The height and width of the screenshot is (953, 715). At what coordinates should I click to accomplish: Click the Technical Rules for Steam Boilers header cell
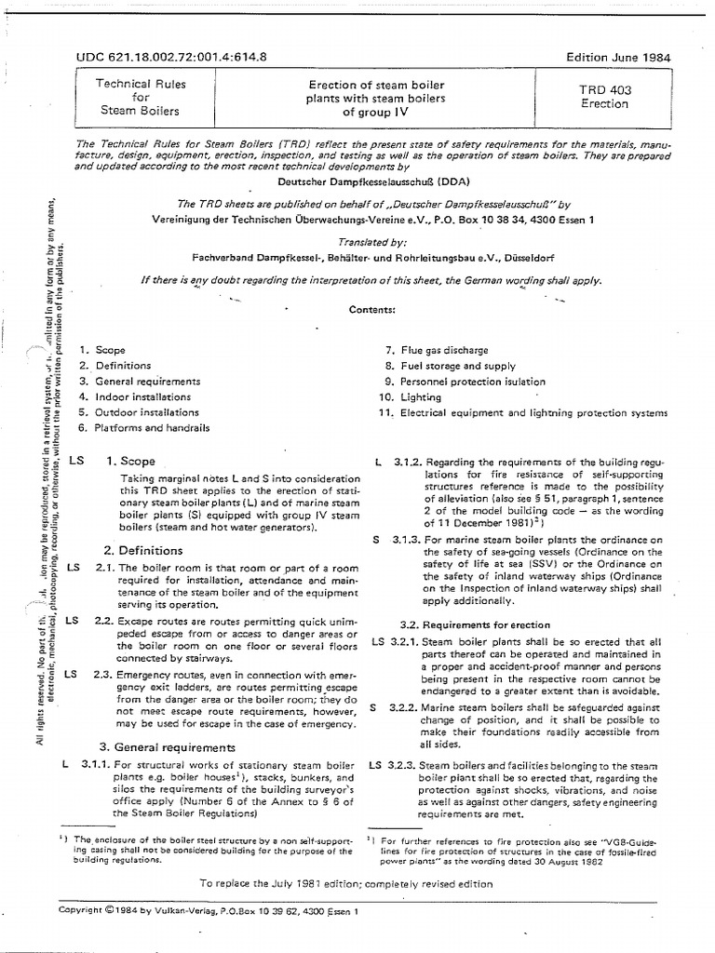coord(142,98)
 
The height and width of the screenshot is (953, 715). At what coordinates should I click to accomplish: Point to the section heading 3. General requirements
coord(168,746)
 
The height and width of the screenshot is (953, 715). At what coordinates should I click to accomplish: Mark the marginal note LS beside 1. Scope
coord(75,461)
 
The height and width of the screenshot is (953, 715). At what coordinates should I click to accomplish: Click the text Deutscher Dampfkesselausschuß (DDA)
coord(359,181)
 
